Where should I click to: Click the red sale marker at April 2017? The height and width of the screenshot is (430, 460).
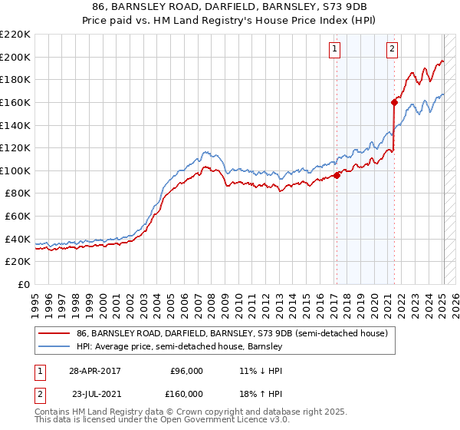pos(337,175)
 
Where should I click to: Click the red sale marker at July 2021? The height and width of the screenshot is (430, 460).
pos(394,101)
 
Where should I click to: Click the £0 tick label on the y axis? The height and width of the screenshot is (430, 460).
pos(23,284)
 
